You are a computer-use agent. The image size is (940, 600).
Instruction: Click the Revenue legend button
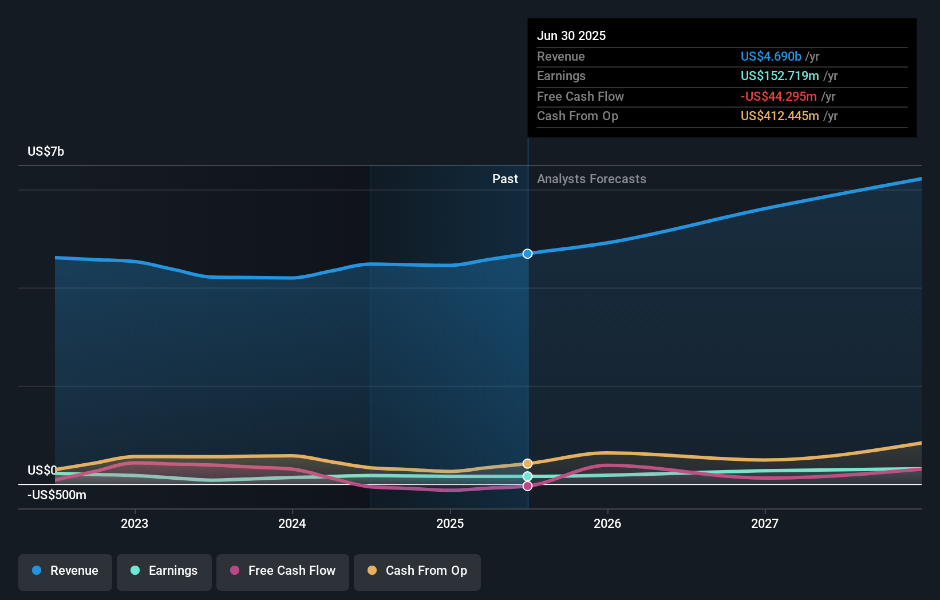(65, 571)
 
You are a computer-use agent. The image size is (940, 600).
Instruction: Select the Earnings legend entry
(164, 571)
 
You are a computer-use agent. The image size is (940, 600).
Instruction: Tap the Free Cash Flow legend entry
(283, 571)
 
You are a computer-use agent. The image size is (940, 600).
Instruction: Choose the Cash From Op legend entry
(417, 571)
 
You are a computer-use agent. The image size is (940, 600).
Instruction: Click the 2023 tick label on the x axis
(135, 523)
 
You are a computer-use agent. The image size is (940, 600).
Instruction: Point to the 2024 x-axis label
(292, 523)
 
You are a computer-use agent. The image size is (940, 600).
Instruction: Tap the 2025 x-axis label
(450, 523)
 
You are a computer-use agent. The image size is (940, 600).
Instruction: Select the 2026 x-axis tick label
(607, 523)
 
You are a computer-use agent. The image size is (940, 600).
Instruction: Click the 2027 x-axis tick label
(765, 523)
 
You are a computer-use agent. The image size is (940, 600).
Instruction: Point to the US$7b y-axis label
(46, 151)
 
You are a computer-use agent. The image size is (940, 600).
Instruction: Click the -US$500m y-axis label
(57, 495)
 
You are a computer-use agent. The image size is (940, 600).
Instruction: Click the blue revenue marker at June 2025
(527, 254)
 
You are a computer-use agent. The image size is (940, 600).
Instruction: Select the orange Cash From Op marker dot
(527, 464)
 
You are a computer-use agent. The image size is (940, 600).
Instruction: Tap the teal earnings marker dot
(527, 476)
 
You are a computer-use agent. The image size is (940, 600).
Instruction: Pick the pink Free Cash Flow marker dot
(527, 486)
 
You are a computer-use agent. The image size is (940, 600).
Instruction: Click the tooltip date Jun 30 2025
(571, 35)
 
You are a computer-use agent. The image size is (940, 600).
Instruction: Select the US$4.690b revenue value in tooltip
(771, 56)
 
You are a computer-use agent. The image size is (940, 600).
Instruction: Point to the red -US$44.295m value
(779, 96)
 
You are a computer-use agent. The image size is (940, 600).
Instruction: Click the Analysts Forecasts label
(591, 179)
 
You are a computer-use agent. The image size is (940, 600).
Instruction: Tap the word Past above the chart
(505, 179)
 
